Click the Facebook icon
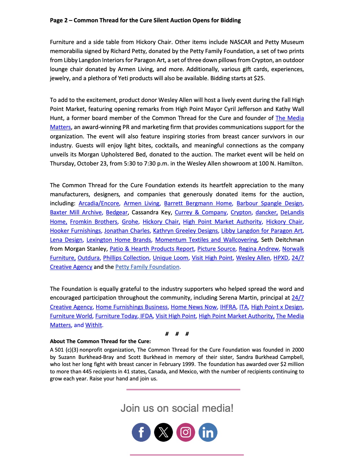point(141,432)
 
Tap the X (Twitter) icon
point(163,432)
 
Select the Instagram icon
point(186,432)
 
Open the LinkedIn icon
point(208,432)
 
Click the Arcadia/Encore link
point(99,203)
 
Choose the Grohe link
point(130,222)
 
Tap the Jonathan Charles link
point(127,231)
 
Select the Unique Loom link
point(170,258)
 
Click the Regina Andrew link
point(259,249)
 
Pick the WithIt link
point(93,325)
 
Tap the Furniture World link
point(71,316)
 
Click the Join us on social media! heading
point(177,408)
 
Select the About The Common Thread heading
point(100,341)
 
